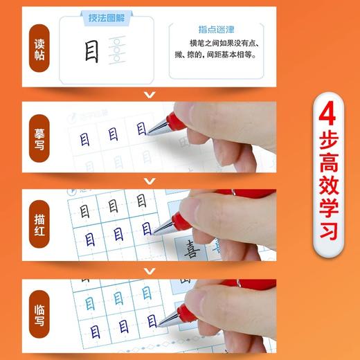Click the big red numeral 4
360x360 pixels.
pyautogui.click(x=328, y=120)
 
